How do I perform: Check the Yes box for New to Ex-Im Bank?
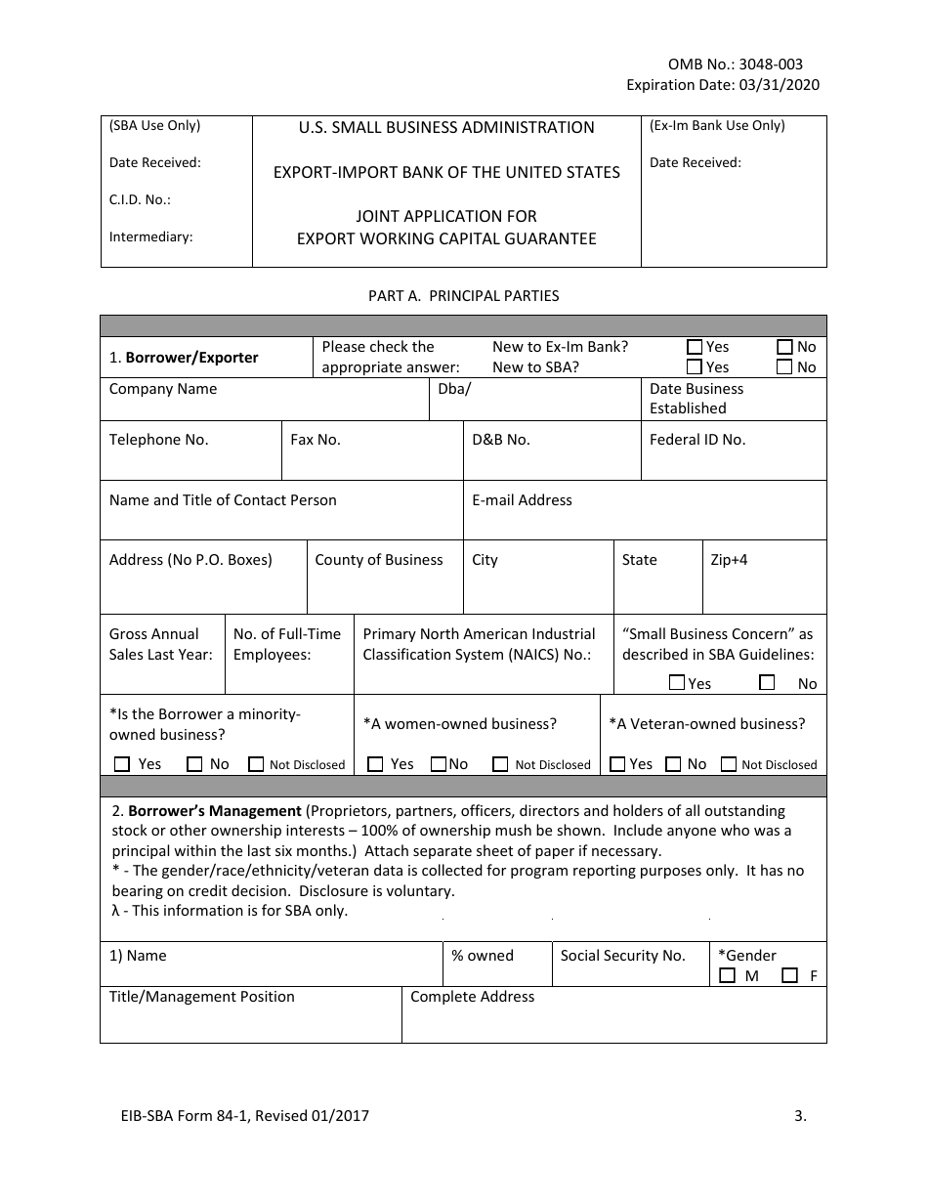click(695, 347)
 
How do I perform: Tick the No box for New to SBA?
click(785, 367)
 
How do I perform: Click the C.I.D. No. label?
click(140, 199)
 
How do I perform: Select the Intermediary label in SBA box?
click(150, 236)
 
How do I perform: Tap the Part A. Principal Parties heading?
click(463, 295)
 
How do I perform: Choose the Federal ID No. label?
click(696, 440)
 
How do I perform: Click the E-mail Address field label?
click(522, 500)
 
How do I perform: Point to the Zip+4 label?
click(729, 560)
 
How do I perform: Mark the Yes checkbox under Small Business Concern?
click(677, 682)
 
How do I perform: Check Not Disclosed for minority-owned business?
click(256, 764)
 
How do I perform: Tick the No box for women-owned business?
click(439, 764)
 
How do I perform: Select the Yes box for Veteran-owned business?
click(617, 764)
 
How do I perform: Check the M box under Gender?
click(727, 975)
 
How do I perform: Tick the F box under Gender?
click(789, 975)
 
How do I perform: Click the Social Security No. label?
click(622, 956)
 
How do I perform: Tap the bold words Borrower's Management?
click(215, 811)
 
